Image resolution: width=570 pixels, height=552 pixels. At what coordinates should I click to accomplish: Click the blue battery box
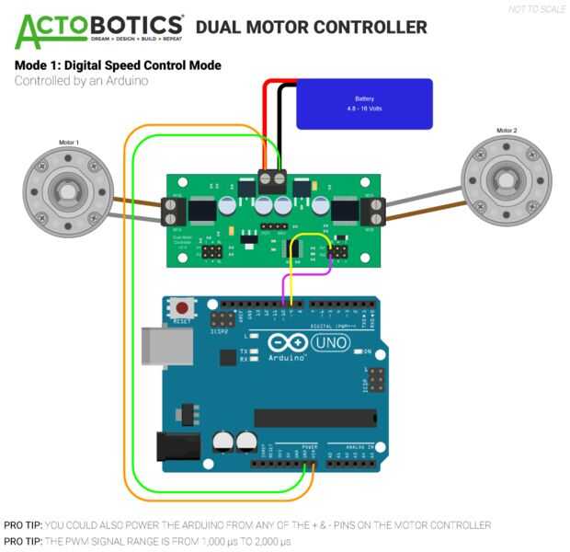tap(364, 102)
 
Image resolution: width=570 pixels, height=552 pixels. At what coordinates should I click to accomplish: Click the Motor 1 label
tap(69, 143)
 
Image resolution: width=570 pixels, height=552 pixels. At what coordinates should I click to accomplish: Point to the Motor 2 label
tap(507, 132)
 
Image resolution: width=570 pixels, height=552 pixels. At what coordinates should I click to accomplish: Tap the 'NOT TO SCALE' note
tap(538, 10)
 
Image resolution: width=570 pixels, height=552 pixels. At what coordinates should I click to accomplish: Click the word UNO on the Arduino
tap(329, 343)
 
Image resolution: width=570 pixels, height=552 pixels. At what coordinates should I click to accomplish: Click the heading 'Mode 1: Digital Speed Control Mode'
tap(118, 66)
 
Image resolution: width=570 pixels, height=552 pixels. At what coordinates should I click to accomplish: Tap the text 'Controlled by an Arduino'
tap(82, 81)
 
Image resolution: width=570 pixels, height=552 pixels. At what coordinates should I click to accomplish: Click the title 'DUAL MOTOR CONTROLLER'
tap(312, 28)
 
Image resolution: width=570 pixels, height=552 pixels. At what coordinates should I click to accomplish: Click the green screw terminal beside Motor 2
tap(374, 213)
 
